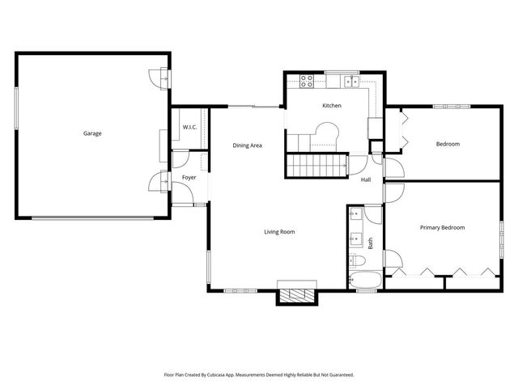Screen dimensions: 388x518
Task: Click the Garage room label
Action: pyautogui.click(x=92, y=133)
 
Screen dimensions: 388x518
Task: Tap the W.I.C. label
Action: pyautogui.click(x=189, y=128)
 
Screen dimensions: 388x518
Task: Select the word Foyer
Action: pyautogui.click(x=189, y=177)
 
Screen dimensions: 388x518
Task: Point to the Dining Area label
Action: pyautogui.click(x=247, y=145)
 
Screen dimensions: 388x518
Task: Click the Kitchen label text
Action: pyautogui.click(x=332, y=106)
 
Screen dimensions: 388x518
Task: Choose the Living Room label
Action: pyautogui.click(x=279, y=232)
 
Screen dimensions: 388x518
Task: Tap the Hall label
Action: pyautogui.click(x=366, y=179)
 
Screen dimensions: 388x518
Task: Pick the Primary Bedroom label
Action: pyautogui.click(x=442, y=228)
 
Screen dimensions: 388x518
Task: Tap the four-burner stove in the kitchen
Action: pyautogui.click(x=308, y=80)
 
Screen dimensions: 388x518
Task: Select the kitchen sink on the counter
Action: pyautogui.click(x=350, y=80)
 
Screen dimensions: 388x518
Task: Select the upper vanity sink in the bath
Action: pyautogui.click(x=355, y=215)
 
